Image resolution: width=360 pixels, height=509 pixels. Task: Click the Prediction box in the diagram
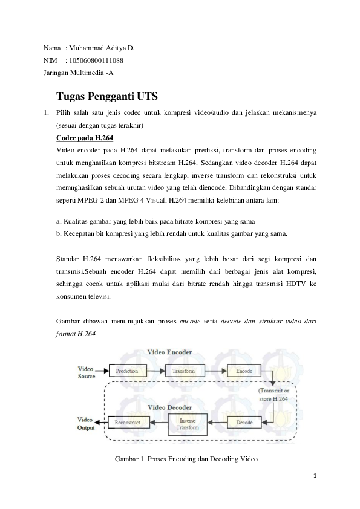[128, 371]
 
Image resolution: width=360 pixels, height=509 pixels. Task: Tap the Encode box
[244, 371]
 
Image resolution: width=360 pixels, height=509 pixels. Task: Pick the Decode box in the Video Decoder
[244, 423]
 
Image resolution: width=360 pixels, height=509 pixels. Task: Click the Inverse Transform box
[188, 424]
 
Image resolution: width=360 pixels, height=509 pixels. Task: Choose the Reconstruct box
[128, 423]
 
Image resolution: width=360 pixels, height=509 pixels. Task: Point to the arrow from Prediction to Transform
[156, 371]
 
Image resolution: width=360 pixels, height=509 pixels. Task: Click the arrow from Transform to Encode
[216, 371]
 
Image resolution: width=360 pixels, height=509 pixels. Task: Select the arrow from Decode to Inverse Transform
[217, 423]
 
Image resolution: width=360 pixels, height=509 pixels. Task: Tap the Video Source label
[86, 372]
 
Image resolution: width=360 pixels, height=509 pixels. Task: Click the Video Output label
[86, 424]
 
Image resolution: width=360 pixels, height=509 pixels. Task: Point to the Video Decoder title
[170, 407]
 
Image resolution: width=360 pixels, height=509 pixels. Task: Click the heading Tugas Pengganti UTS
[107, 96]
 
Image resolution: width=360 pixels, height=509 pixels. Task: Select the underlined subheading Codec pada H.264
[85, 138]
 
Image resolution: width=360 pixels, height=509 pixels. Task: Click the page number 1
[315, 476]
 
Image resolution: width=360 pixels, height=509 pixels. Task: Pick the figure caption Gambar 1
[186, 459]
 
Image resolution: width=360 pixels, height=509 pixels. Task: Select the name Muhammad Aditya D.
[102, 48]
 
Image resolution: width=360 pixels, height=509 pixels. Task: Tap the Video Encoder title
[169, 352]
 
